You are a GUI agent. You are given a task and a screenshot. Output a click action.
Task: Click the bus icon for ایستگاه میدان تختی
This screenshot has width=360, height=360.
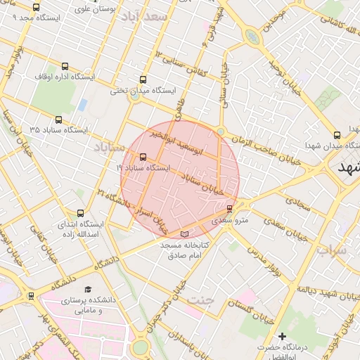pos(143,79)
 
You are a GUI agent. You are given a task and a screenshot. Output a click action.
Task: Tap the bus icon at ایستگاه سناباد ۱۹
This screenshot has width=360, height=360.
pos(143,157)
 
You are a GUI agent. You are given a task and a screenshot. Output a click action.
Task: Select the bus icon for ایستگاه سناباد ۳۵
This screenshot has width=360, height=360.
pos(58,120)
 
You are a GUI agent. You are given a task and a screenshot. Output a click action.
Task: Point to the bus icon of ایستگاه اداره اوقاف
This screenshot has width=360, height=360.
pos(65,66)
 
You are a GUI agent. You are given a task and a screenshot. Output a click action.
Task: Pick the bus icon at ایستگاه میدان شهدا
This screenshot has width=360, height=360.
pos(337,134)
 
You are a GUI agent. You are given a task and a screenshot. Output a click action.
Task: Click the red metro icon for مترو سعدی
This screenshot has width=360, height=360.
pos(229,208)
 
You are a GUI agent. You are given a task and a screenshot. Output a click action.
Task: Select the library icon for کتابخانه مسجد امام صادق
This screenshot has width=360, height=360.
pos(184,233)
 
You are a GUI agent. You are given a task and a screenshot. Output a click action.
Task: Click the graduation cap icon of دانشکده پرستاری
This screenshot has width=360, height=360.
pos(88,289)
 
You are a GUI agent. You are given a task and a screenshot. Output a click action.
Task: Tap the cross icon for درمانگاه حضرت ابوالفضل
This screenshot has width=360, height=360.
pos(283,337)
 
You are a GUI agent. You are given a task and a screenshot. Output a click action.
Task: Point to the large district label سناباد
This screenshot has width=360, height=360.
pos(108,146)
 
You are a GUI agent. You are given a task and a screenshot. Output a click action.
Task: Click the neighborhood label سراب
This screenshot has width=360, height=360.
pos(331,250)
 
